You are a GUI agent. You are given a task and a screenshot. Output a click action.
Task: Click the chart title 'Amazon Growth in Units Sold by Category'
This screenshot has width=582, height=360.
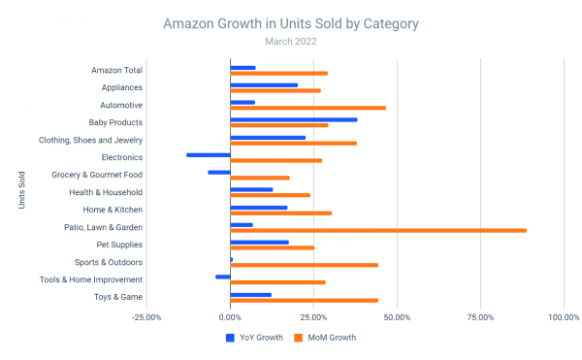[291, 22]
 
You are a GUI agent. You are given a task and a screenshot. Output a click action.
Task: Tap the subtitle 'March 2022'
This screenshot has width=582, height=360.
[291, 41]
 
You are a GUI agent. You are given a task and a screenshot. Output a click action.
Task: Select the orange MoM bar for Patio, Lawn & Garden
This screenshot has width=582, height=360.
[378, 230]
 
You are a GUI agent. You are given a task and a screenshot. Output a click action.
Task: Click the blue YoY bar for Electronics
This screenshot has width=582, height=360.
[209, 154]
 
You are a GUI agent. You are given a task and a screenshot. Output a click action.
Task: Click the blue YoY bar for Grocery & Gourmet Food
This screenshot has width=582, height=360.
[219, 172]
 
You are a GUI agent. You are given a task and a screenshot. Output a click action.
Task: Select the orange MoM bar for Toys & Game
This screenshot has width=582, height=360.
[304, 300]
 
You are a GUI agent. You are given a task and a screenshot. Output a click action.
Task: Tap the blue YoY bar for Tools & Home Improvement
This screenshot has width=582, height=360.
[223, 277]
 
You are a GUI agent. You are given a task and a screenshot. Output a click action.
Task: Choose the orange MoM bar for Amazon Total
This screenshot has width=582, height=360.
[278, 73]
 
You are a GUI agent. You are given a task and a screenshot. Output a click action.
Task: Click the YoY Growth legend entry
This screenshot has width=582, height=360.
[256, 338]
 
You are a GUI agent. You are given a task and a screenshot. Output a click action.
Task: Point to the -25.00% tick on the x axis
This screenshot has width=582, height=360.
[146, 316]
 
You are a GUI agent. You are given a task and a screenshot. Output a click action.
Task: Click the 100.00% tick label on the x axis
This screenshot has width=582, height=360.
[564, 316]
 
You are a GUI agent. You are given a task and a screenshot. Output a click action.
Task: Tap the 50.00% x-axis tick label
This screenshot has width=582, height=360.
[397, 316]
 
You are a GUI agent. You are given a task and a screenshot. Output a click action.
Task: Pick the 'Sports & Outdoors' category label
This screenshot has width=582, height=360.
[110, 262]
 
